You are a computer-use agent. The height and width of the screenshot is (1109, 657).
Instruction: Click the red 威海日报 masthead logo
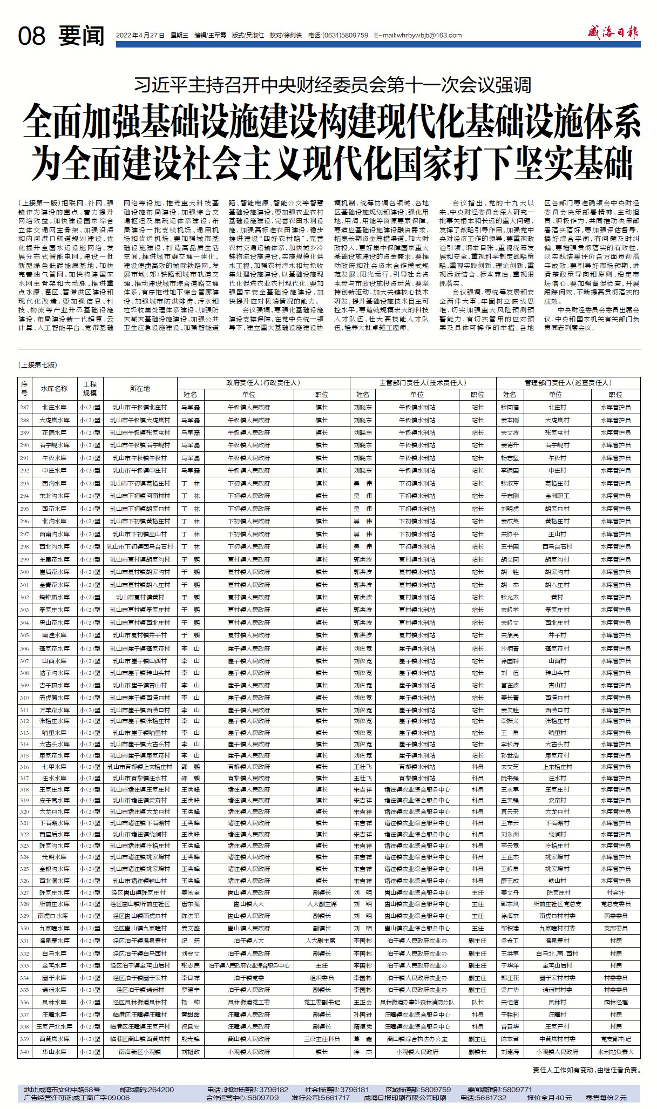[x=613, y=33]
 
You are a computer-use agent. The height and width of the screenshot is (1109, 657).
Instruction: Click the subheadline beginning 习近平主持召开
[x=333, y=85]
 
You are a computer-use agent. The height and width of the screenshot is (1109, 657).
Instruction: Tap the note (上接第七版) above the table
[x=37, y=365]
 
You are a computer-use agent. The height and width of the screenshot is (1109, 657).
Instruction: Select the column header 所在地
[x=140, y=388]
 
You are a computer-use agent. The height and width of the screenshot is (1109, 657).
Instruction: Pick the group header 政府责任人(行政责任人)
[x=263, y=382]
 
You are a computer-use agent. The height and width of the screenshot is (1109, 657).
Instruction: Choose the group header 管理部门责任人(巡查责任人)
[x=568, y=382]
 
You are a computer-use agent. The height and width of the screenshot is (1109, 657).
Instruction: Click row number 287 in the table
[x=24, y=407]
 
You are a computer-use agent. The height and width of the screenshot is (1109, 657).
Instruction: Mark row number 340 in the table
[x=24, y=1052]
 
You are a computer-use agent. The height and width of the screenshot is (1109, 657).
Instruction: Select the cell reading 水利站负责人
[x=615, y=1052]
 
